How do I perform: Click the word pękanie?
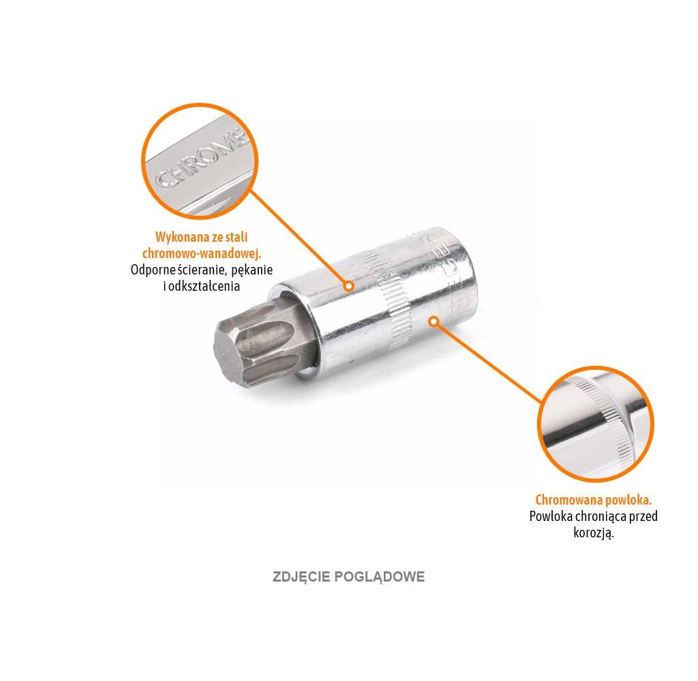pos(250,270)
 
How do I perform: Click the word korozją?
pos(594,533)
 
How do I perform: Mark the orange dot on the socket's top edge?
pos(348,286)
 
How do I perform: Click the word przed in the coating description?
pos(644,516)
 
